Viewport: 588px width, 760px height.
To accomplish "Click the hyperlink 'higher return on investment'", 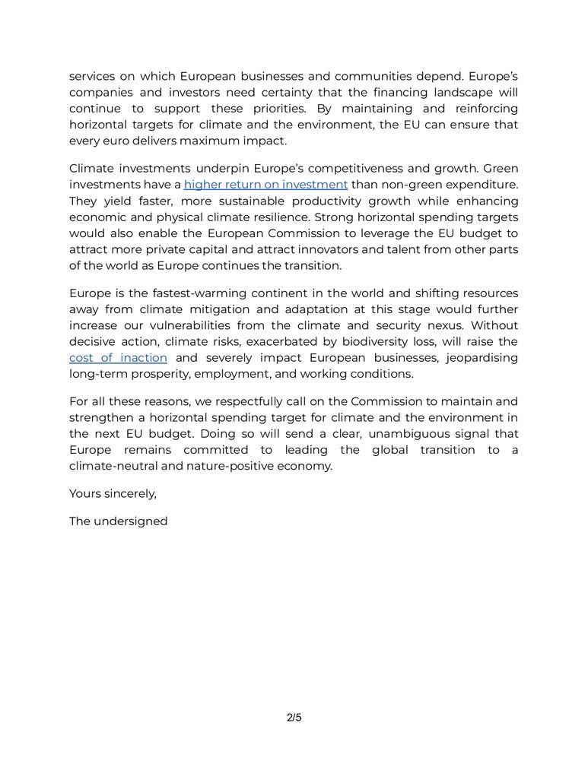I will (x=265, y=185).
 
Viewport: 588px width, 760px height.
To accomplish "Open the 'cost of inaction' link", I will (x=118, y=357).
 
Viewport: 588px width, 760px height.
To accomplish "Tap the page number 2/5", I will (x=294, y=717).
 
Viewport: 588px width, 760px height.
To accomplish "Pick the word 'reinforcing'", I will (x=482, y=109).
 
